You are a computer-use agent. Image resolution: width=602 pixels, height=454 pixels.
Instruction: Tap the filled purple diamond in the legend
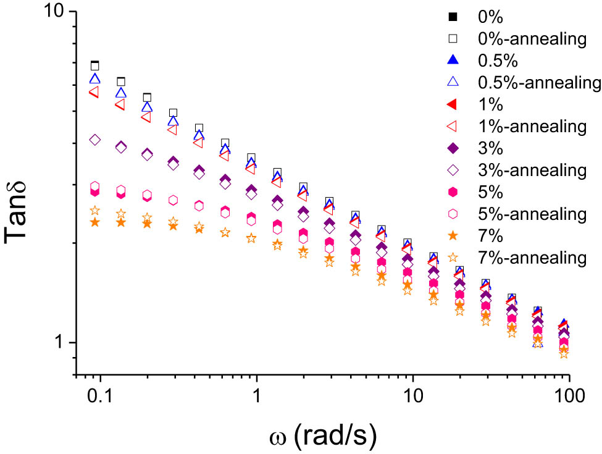tap(453, 148)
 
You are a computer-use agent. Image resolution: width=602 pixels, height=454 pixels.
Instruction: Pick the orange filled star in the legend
tap(453, 235)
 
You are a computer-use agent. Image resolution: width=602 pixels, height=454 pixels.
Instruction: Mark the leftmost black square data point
tap(94, 65)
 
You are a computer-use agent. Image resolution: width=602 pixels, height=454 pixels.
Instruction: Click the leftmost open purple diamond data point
tap(94, 140)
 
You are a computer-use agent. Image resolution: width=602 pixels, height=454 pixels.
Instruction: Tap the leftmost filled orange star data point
tap(94, 222)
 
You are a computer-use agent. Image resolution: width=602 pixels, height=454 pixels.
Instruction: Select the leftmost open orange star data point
tap(94, 211)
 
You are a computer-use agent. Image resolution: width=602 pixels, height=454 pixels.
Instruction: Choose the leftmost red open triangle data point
tap(94, 92)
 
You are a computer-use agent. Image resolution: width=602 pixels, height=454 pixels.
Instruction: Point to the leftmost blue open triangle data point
tap(94, 78)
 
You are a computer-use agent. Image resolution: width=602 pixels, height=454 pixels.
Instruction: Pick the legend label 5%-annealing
tap(531, 214)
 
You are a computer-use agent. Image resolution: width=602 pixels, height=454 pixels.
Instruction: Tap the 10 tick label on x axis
tap(411, 396)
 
